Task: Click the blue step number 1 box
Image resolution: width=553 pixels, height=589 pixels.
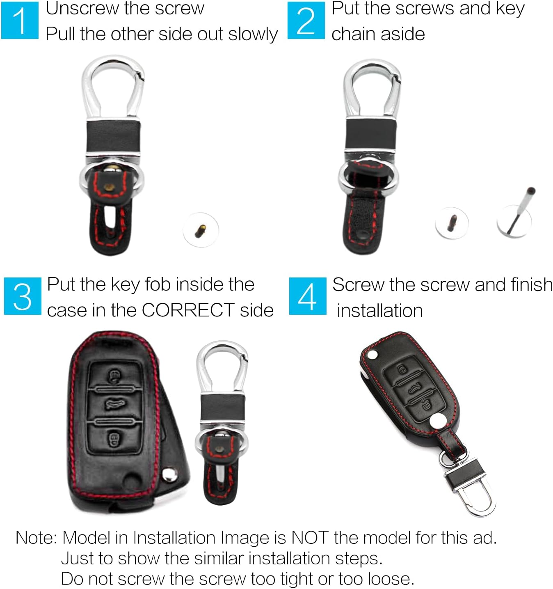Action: [x=20, y=20]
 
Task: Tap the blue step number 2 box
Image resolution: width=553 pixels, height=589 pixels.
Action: [x=306, y=20]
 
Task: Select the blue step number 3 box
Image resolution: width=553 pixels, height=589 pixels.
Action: [x=23, y=296]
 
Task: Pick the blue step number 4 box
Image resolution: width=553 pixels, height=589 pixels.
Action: [x=307, y=296]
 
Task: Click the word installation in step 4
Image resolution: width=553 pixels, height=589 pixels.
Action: [x=379, y=311]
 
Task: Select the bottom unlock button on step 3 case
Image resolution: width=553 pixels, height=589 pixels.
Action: [x=113, y=439]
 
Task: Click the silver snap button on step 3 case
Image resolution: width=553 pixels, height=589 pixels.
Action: [x=169, y=474]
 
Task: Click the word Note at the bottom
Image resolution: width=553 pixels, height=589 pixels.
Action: [x=36, y=538]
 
